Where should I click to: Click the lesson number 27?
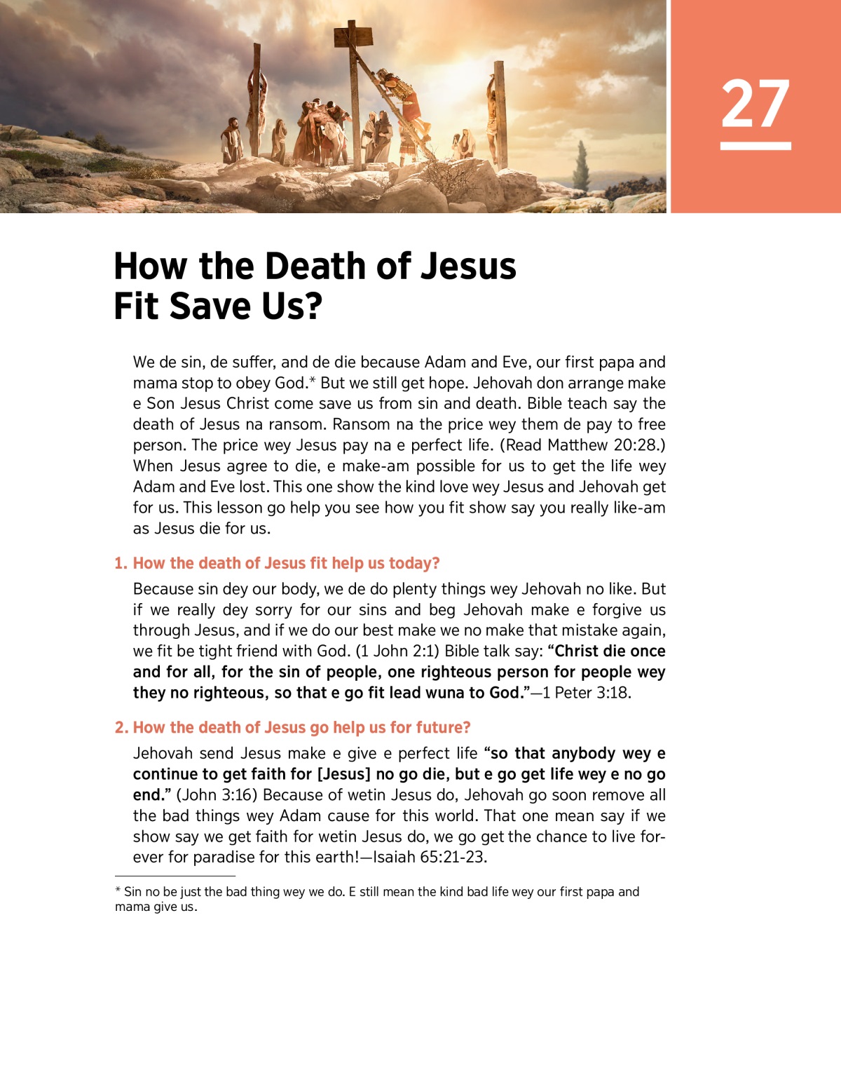755,104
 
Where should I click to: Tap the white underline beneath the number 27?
755,146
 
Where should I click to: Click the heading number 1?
121,564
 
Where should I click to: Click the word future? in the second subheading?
443,728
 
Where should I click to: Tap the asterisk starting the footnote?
118,891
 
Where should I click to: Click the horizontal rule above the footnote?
175,876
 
